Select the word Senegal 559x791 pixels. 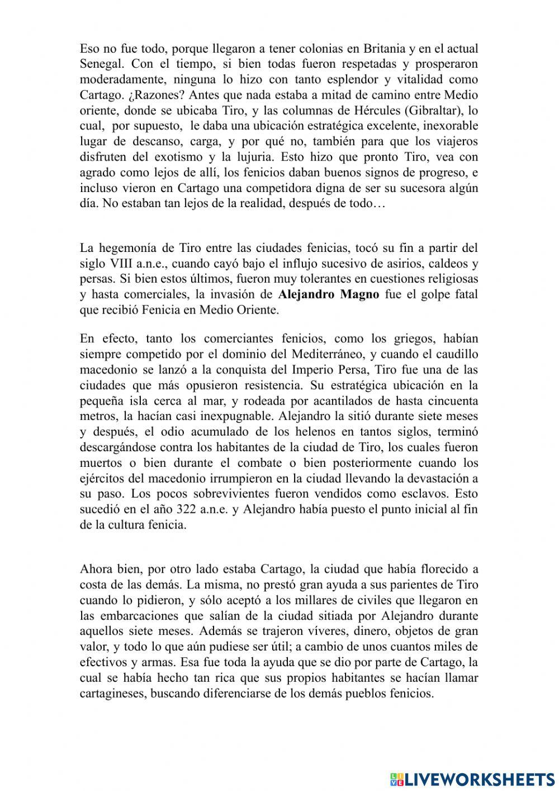(101, 64)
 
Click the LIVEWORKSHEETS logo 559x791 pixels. (472, 779)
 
